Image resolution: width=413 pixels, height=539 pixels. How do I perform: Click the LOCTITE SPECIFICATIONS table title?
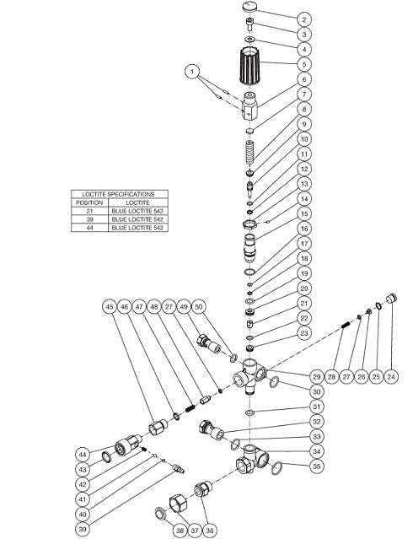[x=117, y=194]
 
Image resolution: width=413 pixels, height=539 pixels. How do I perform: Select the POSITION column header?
[x=88, y=202]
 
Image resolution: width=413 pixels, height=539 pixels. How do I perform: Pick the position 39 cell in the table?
[x=88, y=219]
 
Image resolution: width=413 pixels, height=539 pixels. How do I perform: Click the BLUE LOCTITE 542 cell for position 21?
[x=135, y=211]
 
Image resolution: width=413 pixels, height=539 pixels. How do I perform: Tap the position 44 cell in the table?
[x=88, y=228]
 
